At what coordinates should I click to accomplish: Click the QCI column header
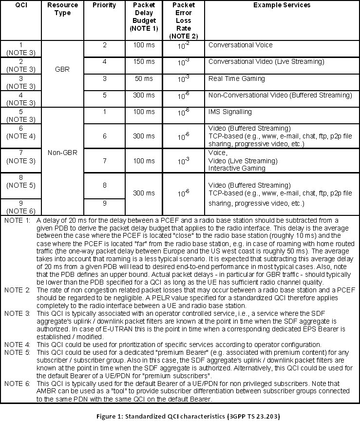[21, 5]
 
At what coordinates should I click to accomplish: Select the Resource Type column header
[63, 9]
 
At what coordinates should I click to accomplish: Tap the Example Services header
[282, 5]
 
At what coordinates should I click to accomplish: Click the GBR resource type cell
[63, 70]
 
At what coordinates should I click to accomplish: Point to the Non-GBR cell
[63, 153]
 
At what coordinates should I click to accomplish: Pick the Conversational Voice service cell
[240, 45]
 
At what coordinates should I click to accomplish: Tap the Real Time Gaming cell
[237, 78]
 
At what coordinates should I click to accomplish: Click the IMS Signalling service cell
[231, 112]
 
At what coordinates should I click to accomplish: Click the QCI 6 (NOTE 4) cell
[21, 132]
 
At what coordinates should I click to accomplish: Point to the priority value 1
[104, 112]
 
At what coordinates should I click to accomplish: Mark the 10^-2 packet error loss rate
[184, 47]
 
